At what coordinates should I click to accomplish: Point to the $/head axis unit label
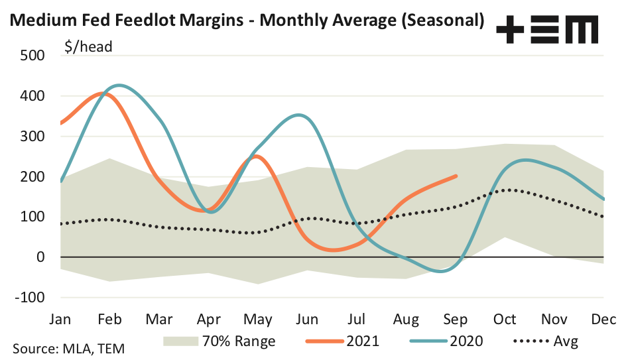[x=88, y=46]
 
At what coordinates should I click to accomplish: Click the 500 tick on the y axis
[x=32, y=56]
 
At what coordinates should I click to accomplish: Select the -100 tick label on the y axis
[x=29, y=297]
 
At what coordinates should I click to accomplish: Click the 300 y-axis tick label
[x=32, y=137]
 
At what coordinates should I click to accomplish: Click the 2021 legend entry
[x=361, y=341]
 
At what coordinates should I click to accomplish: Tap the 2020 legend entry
[x=464, y=341]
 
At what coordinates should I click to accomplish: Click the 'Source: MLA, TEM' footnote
[x=68, y=347]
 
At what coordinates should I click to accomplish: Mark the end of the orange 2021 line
[x=456, y=176]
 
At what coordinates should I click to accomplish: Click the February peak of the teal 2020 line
[x=119, y=86]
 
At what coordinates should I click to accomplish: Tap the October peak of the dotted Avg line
[x=507, y=190]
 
